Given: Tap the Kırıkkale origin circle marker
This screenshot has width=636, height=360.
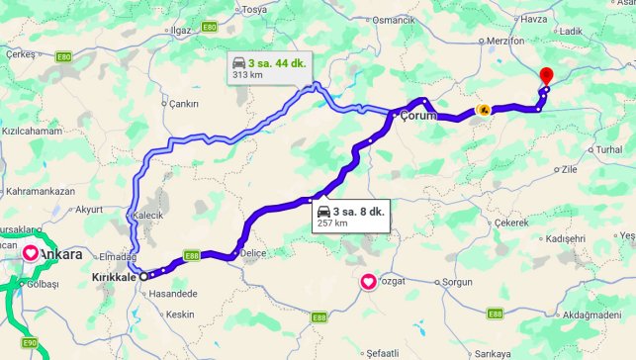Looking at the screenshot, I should coord(143,277).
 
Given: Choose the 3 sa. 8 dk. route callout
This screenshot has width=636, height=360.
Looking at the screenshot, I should coord(351,216).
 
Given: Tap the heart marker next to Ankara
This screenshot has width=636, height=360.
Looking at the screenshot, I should coord(31,253).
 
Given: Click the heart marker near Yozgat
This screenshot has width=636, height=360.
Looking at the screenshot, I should coord(368,282).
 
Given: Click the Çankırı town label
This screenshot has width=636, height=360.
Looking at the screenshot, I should coord(185,104).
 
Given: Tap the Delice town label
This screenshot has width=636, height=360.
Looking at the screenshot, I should coord(253,253).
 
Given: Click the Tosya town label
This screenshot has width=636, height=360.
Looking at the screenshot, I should coord(255,9).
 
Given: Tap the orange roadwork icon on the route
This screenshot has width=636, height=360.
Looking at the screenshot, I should coord(483,110).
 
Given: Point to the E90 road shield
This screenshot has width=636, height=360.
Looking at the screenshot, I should coord(30,343).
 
